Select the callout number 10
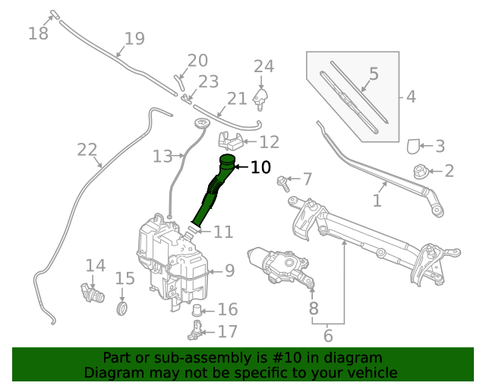pos(260,167)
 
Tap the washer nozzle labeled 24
pos(263,96)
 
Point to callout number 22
pos(87,150)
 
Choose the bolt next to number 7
pos(284,182)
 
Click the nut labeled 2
pos(420,171)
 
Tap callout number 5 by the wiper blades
pos(374,74)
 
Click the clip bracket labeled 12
pos(231,141)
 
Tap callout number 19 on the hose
pos(134,38)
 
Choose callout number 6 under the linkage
pos(328,334)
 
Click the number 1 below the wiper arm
pos(377,201)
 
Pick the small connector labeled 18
pos(54,14)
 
